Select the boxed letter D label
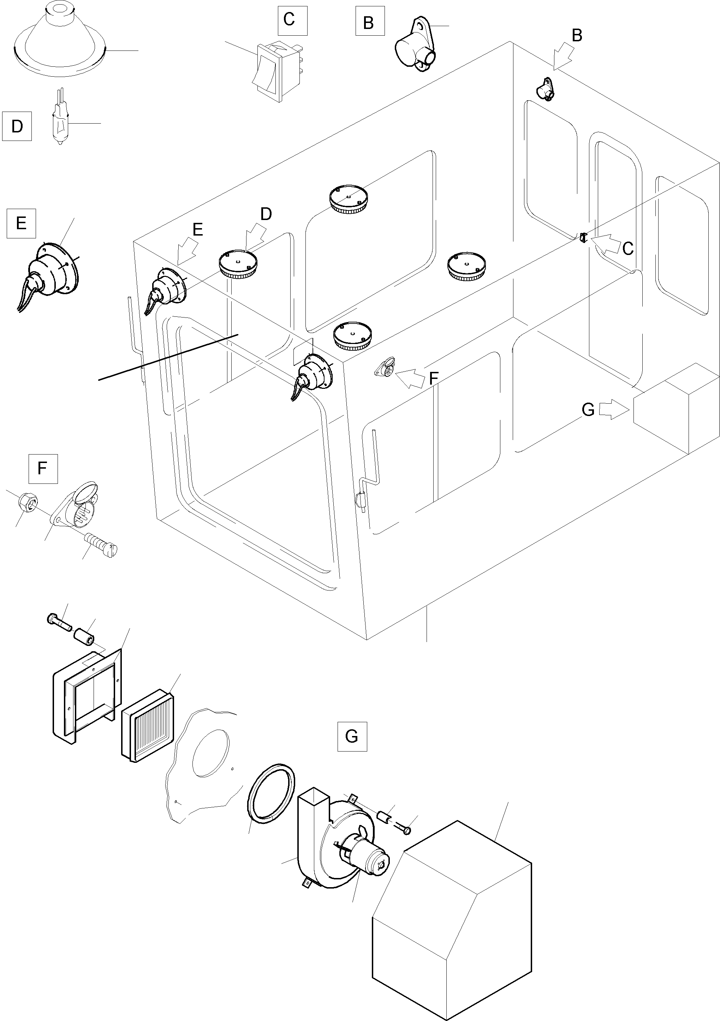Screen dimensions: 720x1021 coord(17,126)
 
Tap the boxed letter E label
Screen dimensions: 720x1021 coord(21,223)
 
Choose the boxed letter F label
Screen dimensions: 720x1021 coord(43,468)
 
